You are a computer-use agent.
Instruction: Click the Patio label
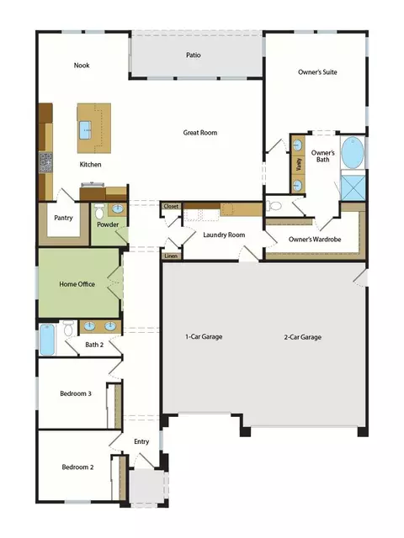pos(193,55)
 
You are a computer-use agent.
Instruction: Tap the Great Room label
pos(200,133)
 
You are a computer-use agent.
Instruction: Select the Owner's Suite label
pos(317,72)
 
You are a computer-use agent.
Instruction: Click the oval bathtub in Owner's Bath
pos(353,153)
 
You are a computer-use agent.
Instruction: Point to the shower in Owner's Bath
pos(353,187)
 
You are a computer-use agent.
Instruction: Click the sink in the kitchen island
pos(85,130)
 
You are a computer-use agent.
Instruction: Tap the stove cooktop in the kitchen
pos(45,162)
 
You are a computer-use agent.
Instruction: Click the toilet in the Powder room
pos(99,211)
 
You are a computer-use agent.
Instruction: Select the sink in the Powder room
pos(118,208)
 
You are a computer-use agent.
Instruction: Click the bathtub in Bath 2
pos(47,340)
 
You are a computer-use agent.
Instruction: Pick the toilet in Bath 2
pos(68,329)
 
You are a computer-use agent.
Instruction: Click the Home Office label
pos(77,284)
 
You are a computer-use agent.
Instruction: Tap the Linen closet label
pos(171,256)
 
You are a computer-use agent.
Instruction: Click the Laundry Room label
pos(224,235)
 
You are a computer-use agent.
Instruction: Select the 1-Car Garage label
pos(204,336)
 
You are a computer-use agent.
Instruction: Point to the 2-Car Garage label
pos(303,337)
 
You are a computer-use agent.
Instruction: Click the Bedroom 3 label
pos(76,393)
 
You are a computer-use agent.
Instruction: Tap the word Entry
pos(141,441)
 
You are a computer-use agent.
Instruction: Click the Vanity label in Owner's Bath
pos(298,165)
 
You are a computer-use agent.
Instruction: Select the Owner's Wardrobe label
pos(315,240)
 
